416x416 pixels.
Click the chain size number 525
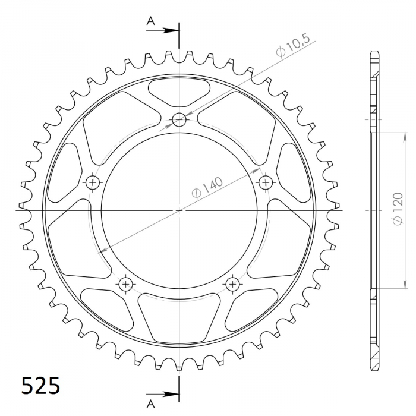coord(40,386)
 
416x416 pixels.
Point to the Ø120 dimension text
coord(398,209)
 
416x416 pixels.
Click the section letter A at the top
coord(151,21)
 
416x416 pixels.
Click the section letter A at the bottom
coord(151,404)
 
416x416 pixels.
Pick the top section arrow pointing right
coord(162,30)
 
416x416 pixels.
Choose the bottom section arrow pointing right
coord(162,394)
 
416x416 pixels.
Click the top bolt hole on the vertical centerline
coord(179,119)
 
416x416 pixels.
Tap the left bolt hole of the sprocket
coord(93,182)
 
